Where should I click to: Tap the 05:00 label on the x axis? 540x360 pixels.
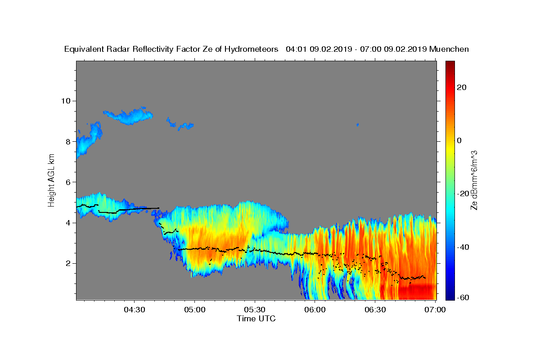pos(195,310)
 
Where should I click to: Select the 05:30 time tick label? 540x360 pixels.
pos(255,310)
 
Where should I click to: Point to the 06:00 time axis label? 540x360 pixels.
pos(315,310)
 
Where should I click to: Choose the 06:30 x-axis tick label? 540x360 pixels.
pos(375,310)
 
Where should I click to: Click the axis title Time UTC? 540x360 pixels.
pos(256,319)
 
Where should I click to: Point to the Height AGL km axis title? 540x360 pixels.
pos(52,180)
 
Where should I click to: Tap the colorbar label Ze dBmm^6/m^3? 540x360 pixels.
pos(474,180)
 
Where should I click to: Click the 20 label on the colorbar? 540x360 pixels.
pos(461,87)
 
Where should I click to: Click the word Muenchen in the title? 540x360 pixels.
pos(449,49)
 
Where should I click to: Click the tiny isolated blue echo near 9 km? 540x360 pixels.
pos(357,124)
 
